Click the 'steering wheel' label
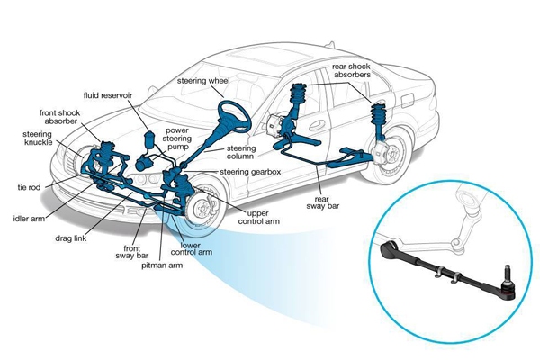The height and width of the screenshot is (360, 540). point(204,80)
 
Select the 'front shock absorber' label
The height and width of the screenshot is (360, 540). point(61,119)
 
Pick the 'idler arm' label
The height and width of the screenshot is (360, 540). point(31,218)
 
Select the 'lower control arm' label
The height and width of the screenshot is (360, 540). point(195,247)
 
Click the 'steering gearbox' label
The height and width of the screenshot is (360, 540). point(247,171)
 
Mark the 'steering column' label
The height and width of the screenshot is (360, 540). point(242,153)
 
